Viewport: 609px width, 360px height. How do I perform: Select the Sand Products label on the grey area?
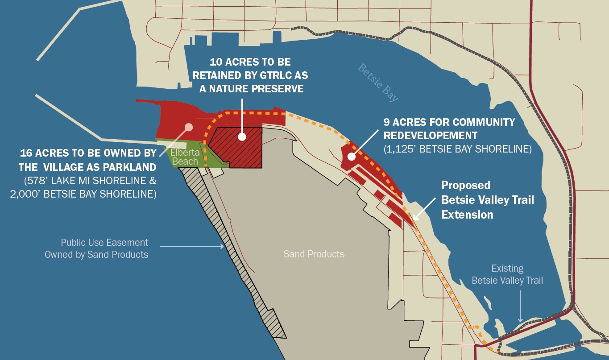click(314, 254)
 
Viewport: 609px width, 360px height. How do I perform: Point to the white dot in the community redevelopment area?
click(352, 157)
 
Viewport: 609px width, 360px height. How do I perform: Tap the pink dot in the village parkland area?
click(189, 127)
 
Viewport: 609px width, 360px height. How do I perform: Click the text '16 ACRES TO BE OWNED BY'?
click(88, 153)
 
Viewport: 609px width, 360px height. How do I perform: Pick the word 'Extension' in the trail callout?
click(467, 215)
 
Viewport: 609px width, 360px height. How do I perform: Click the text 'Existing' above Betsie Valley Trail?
click(507, 269)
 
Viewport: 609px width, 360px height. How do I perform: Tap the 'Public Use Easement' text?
click(104, 243)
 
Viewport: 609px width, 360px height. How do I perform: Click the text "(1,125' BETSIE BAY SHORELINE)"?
click(457, 149)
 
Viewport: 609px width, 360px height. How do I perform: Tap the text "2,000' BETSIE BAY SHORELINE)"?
click(83, 194)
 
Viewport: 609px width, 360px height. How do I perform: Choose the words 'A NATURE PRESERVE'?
click(251, 88)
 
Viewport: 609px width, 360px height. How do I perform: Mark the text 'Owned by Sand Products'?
click(96, 255)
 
